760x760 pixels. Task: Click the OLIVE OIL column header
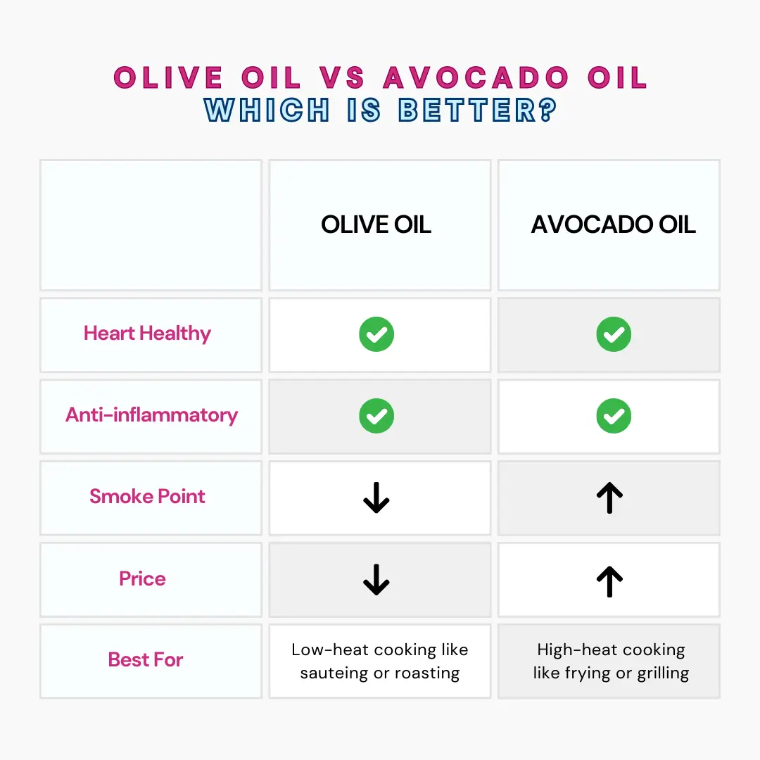pyautogui.click(x=376, y=224)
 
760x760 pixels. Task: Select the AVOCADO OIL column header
pyautogui.click(x=613, y=224)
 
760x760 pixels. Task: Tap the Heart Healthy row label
pyautogui.click(x=147, y=334)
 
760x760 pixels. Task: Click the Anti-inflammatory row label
pyautogui.click(x=151, y=415)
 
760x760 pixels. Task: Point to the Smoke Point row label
pyautogui.click(x=147, y=497)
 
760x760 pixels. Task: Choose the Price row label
pyautogui.click(x=143, y=578)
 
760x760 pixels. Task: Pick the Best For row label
pyautogui.click(x=146, y=660)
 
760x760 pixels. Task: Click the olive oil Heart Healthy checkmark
pyautogui.click(x=376, y=334)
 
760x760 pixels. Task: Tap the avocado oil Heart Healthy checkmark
pyautogui.click(x=614, y=334)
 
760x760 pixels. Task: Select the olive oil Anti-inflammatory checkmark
pyautogui.click(x=376, y=416)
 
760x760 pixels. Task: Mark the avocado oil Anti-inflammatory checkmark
pyautogui.click(x=614, y=416)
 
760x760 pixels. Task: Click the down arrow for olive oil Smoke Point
pyautogui.click(x=376, y=498)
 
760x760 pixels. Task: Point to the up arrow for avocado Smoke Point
pyautogui.click(x=610, y=498)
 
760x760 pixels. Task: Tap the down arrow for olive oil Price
pyautogui.click(x=376, y=580)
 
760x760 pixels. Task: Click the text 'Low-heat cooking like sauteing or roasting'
pyautogui.click(x=380, y=661)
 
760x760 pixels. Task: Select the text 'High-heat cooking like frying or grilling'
pyautogui.click(x=611, y=661)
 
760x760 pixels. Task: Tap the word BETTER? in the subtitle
pyautogui.click(x=478, y=110)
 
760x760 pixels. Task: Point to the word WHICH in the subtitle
pyautogui.click(x=267, y=110)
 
